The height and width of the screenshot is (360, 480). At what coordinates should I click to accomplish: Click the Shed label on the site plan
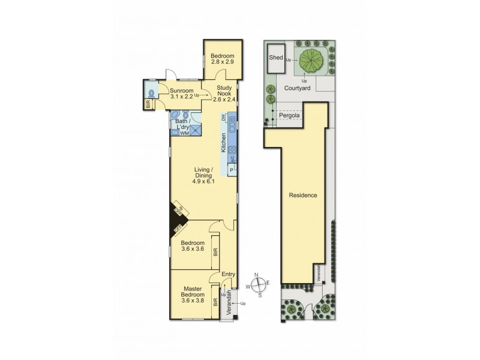tap(275, 58)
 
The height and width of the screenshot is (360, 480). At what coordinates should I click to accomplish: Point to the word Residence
tap(303, 196)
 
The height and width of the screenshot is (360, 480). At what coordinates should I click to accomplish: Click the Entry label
tap(228, 275)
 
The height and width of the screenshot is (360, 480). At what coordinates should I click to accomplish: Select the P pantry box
tap(230, 170)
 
